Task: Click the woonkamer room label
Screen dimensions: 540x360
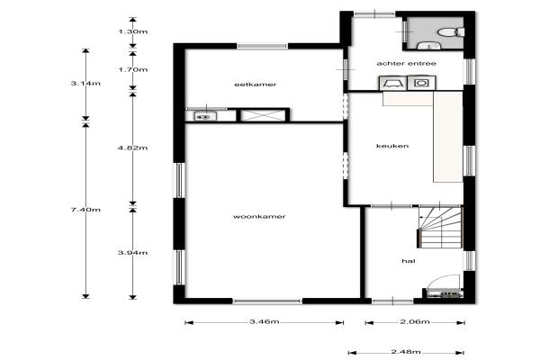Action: coord(259,217)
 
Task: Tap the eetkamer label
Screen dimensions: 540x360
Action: coord(256,85)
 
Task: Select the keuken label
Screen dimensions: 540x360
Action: coord(392,146)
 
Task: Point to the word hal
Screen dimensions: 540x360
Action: coord(409,261)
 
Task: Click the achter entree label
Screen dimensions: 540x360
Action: coord(407,63)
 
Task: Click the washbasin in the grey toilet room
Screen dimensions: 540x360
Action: coord(428,46)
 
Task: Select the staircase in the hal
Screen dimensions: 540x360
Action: coord(440,227)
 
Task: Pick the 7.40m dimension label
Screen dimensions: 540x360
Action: coord(85,210)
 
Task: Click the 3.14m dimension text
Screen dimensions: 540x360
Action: coord(85,84)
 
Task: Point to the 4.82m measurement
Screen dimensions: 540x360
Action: coord(133,148)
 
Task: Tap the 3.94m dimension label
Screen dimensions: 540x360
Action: coord(133,253)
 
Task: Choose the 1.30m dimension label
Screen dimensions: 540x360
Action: coord(133,31)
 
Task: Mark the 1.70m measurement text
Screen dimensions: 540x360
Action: coord(133,69)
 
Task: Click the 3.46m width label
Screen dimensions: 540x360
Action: coord(265,322)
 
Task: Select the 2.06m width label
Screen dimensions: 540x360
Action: coord(415,322)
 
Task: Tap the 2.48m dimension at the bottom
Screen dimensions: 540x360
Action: coord(406,352)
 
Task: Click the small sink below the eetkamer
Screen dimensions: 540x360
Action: coord(205,116)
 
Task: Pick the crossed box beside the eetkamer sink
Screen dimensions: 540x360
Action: coord(263,115)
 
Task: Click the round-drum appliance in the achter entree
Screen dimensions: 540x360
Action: coord(421,83)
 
